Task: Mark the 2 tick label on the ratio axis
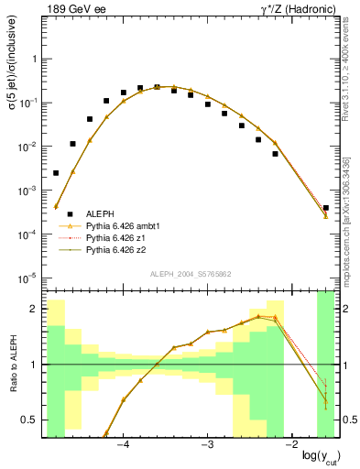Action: [x=35, y=309]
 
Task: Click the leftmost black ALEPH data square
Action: [x=56, y=172]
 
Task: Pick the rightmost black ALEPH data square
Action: [x=326, y=208]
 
